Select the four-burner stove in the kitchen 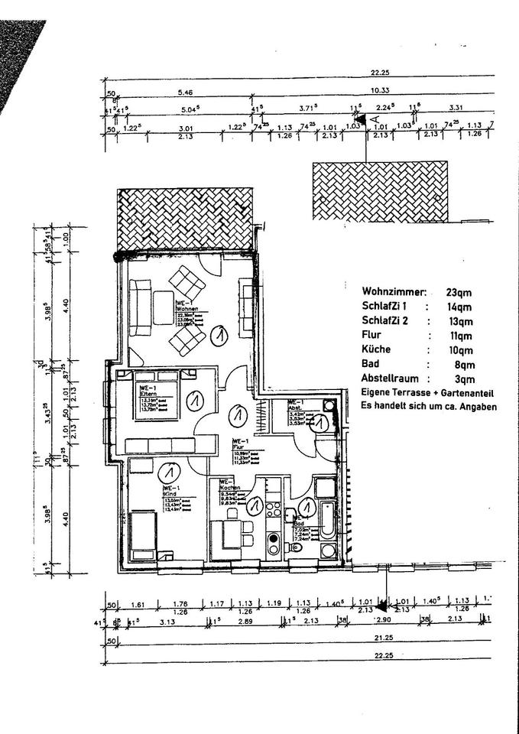273,526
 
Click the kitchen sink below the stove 273,546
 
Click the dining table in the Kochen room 232,531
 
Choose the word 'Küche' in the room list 376,349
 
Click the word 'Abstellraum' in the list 389,378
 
